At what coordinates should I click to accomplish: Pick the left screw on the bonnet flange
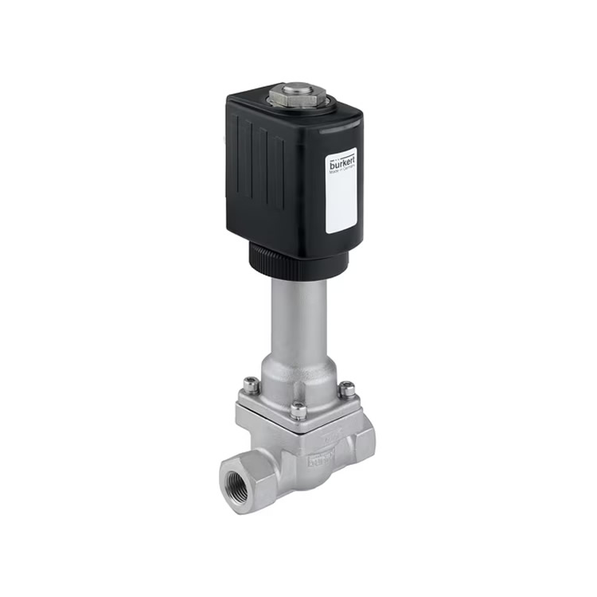[251, 386]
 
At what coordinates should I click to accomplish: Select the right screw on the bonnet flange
[347, 390]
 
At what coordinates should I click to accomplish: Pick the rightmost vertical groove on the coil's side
[279, 171]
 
